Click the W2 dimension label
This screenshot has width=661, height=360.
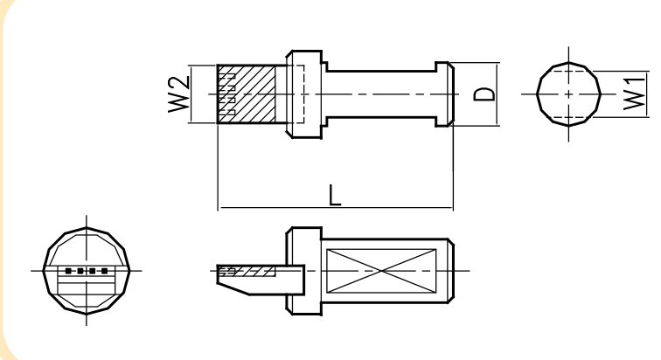(x=178, y=93)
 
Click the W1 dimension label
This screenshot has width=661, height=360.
(x=634, y=93)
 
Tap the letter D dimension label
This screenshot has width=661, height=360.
(x=484, y=94)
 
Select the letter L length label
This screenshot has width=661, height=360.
(x=335, y=196)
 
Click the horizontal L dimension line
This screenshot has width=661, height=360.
(x=336, y=208)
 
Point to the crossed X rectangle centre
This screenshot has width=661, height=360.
(x=381, y=271)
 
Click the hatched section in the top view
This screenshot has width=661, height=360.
(x=247, y=93)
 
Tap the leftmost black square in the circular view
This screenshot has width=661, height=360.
(x=68, y=271)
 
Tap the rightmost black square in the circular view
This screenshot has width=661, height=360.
(x=105, y=271)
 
